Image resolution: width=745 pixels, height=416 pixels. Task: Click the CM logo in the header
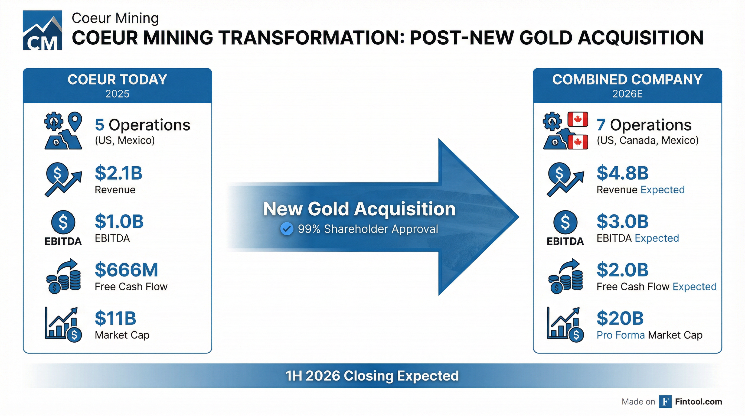(x=42, y=30)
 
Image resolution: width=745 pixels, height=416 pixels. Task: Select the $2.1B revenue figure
(x=119, y=173)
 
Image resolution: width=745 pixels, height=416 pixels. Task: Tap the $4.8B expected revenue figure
(x=623, y=173)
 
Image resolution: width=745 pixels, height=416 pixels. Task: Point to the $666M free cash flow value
(x=126, y=270)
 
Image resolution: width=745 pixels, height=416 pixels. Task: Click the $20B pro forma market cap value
(x=620, y=318)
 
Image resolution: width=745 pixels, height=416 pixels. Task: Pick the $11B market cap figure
(x=115, y=318)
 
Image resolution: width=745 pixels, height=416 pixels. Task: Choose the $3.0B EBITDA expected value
(x=623, y=221)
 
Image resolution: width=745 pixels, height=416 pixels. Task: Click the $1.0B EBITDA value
(x=119, y=221)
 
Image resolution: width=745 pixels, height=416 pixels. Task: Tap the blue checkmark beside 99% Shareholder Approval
(x=287, y=229)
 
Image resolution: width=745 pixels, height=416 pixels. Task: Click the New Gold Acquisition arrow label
(x=359, y=209)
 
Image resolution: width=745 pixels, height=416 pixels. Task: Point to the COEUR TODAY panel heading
(x=117, y=80)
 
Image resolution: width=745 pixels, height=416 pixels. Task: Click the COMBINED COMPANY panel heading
(x=627, y=80)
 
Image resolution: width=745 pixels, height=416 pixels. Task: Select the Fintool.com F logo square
(x=665, y=402)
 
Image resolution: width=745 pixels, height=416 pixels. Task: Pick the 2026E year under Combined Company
(x=627, y=94)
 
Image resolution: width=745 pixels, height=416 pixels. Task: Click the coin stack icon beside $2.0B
(x=565, y=276)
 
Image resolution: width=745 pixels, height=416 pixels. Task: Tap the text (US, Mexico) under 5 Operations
(x=125, y=140)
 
